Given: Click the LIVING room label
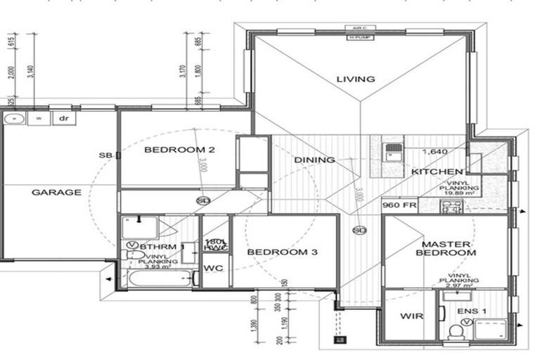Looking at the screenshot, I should [355, 79].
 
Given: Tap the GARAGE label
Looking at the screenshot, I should [56, 192].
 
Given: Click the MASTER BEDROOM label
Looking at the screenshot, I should [449, 248].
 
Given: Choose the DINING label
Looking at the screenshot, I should [314, 160].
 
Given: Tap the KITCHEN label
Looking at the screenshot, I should [437, 172].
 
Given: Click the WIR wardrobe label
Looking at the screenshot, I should [411, 316].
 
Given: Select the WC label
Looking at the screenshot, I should [213, 269].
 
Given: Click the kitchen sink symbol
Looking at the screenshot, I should [393, 151].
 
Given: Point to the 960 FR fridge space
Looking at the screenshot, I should [400, 206].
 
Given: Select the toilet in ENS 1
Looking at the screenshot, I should [455, 329].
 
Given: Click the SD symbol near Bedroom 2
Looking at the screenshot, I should [203, 200].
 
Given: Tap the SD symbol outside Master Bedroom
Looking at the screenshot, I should [360, 230].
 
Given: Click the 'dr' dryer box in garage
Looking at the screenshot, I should [64, 119].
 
